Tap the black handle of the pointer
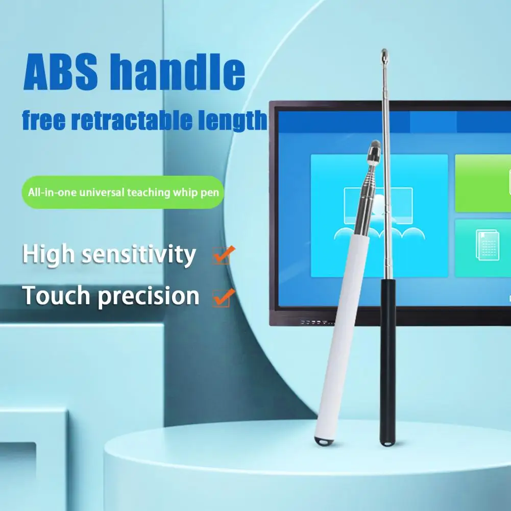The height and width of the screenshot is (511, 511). [x=387, y=357]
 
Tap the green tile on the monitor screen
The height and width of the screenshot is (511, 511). [x=482, y=183]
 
